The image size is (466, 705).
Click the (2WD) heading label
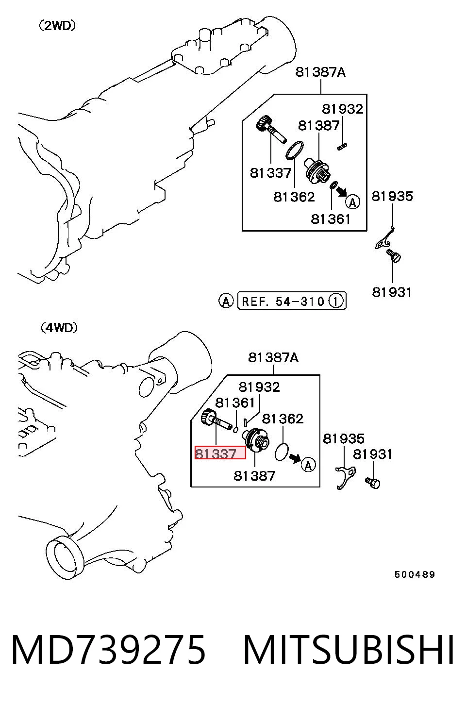tap(57, 26)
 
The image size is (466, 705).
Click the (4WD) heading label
tap(59, 328)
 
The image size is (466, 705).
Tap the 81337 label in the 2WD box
tap(270, 173)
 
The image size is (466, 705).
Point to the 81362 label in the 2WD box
tap(294, 197)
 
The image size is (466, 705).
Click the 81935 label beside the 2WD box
tap(392, 196)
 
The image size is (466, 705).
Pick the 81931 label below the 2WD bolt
tap(392, 292)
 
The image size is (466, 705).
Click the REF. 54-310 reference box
tap(292, 301)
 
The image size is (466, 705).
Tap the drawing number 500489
tap(415, 574)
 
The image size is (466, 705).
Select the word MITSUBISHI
tap(349, 650)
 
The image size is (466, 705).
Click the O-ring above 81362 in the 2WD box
tap(295, 150)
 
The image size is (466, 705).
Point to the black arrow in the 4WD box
tap(295, 458)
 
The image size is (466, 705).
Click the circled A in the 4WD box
tap(308, 465)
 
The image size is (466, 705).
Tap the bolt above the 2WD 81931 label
tap(393, 255)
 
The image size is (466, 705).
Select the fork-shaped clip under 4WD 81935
tap(345, 477)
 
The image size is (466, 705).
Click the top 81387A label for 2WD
tap(320, 72)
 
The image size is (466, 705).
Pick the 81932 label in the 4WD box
tap(259, 387)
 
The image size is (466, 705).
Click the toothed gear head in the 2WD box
tap(263, 123)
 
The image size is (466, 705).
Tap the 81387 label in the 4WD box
tap(254, 476)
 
